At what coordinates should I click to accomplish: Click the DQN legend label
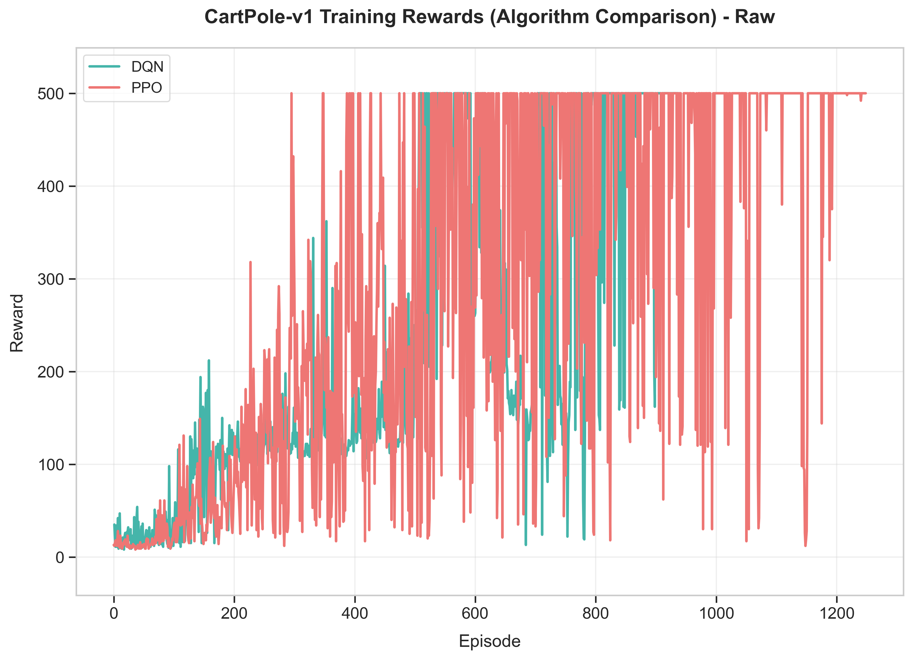tap(147, 67)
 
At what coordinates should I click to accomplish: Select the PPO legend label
tap(146, 88)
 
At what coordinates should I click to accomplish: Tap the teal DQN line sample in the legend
tap(104, 67)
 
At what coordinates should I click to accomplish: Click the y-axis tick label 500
tap(51, 94)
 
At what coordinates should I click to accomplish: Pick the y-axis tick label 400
tap(51, 187)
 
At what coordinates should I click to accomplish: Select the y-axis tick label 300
tap(51, 279)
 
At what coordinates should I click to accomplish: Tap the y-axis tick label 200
tap(51, 372)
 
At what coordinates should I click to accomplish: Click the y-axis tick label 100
tap(51, 465)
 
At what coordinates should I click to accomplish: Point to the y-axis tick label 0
tap(60, 558)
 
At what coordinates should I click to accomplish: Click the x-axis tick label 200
tap(234, 614)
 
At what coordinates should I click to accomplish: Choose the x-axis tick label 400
tap(355, 614)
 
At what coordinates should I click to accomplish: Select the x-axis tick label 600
tap(475, 614)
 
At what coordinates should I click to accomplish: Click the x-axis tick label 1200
tap(836, 614)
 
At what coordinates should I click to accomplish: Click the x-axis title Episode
tap(490, 641)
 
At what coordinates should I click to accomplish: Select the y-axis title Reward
tap(17, 323)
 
